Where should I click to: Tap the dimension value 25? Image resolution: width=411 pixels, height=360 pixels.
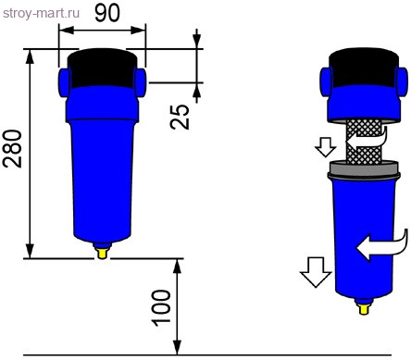pyautogui.click(x=181, y=116)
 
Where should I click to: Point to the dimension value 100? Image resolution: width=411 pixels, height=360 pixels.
pyautogui.click(x=160, y=306)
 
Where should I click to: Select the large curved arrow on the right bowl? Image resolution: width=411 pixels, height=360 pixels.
pyautogui.click(x=380, y=245)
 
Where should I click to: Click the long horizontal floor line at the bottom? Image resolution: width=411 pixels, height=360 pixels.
pyautogui.click(x=204, y=354)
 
